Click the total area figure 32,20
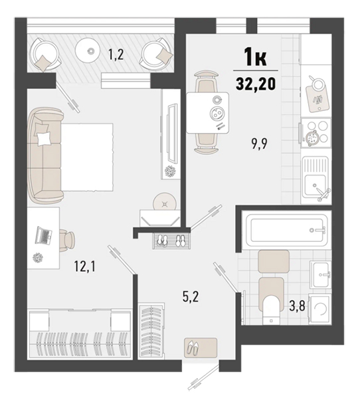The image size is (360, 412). tap(256, 84)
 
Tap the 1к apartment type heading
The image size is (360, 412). tap(256, 58)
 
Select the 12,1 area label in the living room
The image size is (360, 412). tap(84, 266)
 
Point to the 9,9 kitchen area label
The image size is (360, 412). tap(260, 144)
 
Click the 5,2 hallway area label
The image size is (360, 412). tap(191, 297)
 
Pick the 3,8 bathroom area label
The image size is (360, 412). tap(298, 306)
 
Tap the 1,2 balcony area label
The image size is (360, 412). tap(116, 55)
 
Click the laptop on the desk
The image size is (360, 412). tap(44, 235)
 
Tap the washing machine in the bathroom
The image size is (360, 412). tap(319, 309)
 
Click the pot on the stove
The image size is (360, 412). tap(312, 138)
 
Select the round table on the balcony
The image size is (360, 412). tap(88, 50)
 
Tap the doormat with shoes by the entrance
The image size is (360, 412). tap(201, 348)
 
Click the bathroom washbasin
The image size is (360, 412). tap(320, 274)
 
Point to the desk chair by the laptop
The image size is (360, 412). tap(67, 240)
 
